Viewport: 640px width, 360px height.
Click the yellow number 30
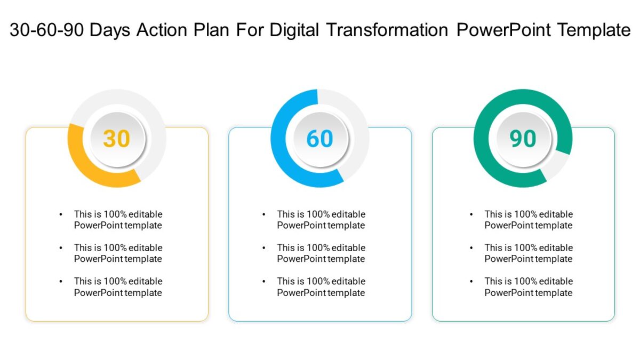116,139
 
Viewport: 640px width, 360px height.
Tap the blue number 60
319,139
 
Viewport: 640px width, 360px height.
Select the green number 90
523,139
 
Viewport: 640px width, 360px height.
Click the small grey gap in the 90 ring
557,165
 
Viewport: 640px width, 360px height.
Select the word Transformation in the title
387,30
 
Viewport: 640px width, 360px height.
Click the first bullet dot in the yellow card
61,214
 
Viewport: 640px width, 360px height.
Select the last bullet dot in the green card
471,282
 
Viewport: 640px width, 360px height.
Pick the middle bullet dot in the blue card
264,248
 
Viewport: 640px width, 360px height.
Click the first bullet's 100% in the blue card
318,214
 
